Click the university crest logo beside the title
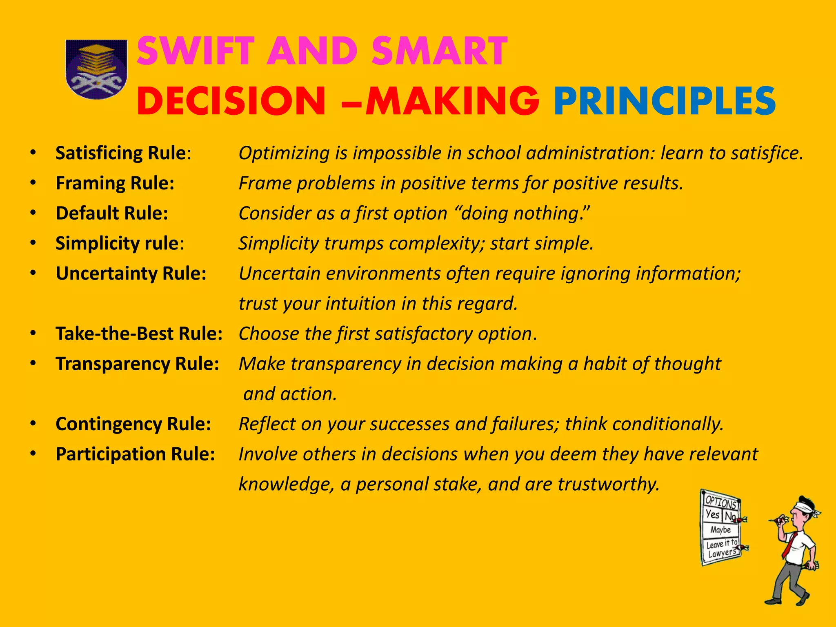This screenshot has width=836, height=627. [96, 69]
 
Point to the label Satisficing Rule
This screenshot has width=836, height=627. [121, 153]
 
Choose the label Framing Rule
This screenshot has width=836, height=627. [115, 183]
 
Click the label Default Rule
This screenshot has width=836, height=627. [112, 213]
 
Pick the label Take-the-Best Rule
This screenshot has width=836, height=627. [139, 334]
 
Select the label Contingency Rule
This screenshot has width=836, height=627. [133, 424]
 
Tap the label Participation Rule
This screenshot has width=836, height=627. [135, 454]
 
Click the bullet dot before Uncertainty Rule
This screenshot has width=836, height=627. [33, 273]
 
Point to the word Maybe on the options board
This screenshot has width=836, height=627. [720, 530]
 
